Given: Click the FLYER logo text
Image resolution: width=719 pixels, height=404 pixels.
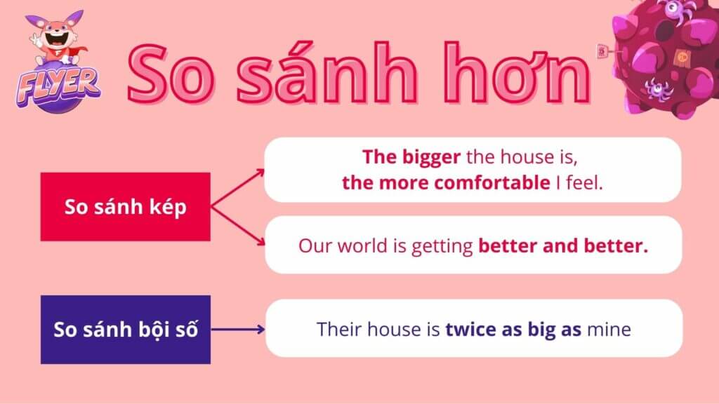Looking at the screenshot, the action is (x=58, y=86).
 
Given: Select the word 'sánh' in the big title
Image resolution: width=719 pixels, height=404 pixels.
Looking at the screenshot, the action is (x=326, y=72).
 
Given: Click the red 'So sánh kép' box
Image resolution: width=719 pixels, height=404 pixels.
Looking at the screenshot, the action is (x=125, y=207).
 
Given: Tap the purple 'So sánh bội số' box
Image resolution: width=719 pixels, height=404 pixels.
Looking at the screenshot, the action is (x=126, y=330).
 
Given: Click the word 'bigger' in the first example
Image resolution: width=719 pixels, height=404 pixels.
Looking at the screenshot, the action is (x=431, y=158).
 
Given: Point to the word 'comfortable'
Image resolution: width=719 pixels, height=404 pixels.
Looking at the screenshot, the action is (x=492, y=183).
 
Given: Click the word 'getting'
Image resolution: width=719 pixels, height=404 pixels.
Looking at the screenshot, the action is (x=442, y=247).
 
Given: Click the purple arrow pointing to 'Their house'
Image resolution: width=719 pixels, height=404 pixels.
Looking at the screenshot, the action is (x=238, y=330).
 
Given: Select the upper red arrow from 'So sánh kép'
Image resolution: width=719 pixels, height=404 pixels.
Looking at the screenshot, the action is (x=237, y=188).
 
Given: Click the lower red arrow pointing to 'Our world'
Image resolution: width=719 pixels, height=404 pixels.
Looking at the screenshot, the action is (x=237, y=227).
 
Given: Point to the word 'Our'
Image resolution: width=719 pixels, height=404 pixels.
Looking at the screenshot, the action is (x=315, y=246).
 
